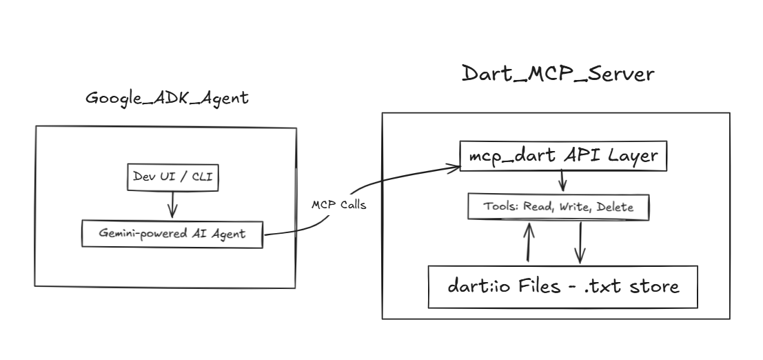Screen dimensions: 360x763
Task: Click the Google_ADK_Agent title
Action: (x=167, y=98)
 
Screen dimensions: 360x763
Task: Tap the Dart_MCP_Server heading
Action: (x=557, y=73)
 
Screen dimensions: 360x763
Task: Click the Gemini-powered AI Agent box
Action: (x=172, y=234)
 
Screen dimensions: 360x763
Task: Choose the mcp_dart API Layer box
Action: (x=563, y=157)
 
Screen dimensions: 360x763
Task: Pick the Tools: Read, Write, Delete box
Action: (x=558, y=207)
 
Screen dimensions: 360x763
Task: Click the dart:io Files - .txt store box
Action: (x=563, y=286)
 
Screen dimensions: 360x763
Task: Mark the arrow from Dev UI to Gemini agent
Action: (x=172, y=205)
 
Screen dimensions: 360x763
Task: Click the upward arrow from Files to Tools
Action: (x=529, y=242)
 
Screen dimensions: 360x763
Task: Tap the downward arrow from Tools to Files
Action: (x=580, y=242)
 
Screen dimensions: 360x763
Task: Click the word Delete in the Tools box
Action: (x=613, y=207)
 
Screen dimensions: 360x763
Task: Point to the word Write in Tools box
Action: (x=573, y=207)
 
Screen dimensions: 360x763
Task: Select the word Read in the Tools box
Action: (x=538, y=207)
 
